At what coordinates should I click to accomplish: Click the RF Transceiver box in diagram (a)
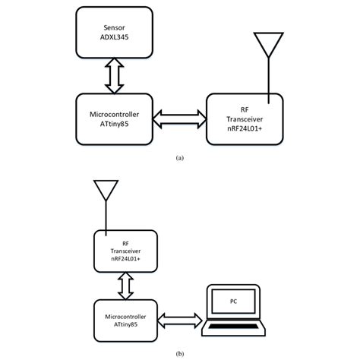(245, 117)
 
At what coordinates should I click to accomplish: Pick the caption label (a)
(179, 158)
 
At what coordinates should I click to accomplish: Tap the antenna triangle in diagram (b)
(104, 190)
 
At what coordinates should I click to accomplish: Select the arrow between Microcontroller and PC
(182, 317)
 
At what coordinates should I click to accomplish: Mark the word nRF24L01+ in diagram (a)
(245, 128)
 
